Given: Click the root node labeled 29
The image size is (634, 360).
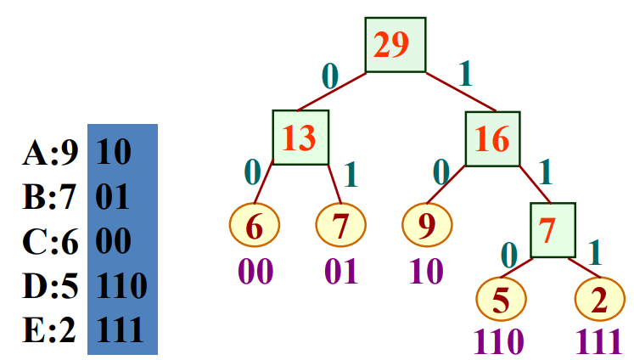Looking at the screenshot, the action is pos(395,45).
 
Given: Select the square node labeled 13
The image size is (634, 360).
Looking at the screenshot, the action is pos(300,138).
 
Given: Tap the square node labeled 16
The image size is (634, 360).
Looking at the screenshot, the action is pos(492,138).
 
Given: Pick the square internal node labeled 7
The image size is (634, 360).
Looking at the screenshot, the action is pos(553,229).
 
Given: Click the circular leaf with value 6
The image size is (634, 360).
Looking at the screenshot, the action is pos(254,226).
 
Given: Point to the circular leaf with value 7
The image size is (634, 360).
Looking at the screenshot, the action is pos(340,226).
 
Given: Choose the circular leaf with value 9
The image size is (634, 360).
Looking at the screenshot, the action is pos(427,226).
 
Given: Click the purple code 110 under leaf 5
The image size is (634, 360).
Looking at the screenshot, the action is pos(501,340).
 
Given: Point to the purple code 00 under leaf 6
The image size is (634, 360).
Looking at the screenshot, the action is pos(255,272).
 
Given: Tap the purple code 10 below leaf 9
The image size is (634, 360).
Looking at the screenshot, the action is pos(427,272).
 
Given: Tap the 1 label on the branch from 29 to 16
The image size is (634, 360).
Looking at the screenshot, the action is pos(464,75).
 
